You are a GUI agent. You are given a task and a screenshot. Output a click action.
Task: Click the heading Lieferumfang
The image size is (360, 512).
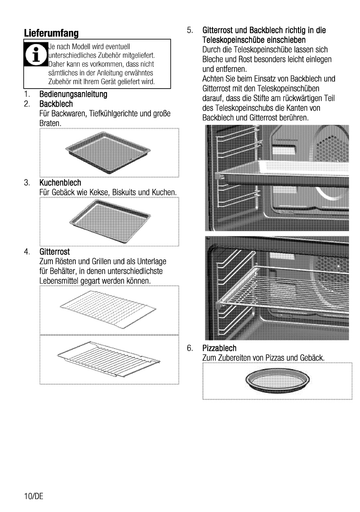[x=51, y=33]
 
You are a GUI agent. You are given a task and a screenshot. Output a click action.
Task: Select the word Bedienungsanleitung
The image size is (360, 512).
[x=73, y=94]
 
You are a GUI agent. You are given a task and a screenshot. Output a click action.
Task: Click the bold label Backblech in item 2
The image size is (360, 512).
[x=56, y=104]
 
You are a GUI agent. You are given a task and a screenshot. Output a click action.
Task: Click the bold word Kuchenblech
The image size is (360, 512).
[x=60, y=183]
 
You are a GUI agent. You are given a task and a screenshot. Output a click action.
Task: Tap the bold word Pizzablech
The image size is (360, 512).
[x=219, y=347]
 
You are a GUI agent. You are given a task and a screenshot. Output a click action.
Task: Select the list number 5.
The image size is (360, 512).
[x=189, y=31]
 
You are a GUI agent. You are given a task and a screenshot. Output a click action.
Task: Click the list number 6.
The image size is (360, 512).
[x=189, y=347]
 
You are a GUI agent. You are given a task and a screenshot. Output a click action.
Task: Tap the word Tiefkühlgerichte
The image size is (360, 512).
[x=111, y=114]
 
